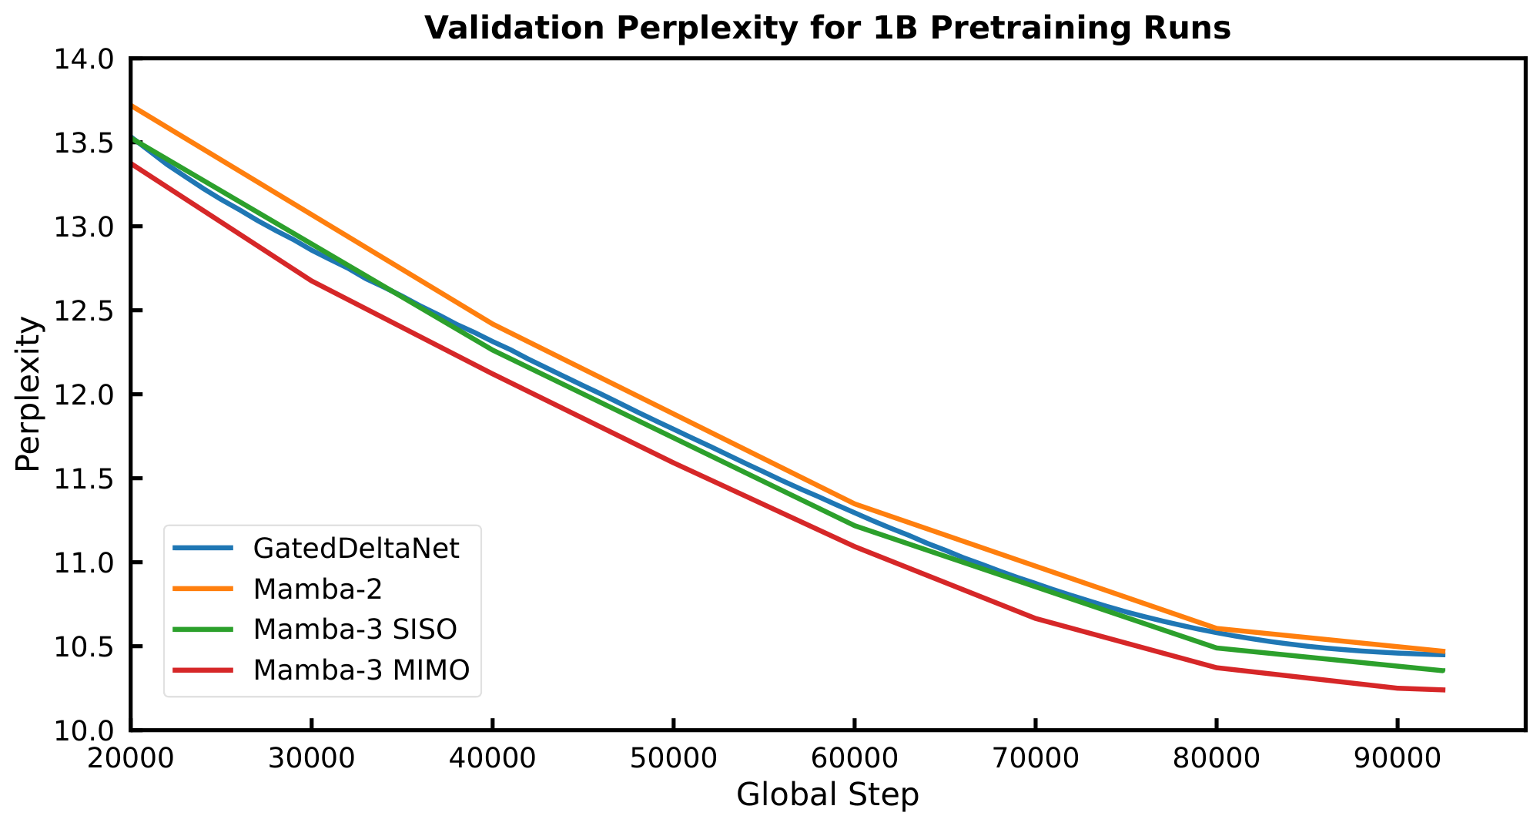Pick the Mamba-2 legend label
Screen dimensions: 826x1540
click(318, 589)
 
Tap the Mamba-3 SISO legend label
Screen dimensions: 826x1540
click(355, 630)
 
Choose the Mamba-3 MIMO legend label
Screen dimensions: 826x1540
click(361, 670)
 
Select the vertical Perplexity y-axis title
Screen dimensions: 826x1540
click(28, 395)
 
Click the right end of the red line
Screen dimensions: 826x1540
click(1444, 690)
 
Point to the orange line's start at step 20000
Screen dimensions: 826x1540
click(132, 106)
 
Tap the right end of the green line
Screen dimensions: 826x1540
click(1444, 670)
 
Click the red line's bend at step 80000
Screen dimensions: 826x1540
click(1216, 667)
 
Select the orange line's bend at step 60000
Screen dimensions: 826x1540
click(854, 504)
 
